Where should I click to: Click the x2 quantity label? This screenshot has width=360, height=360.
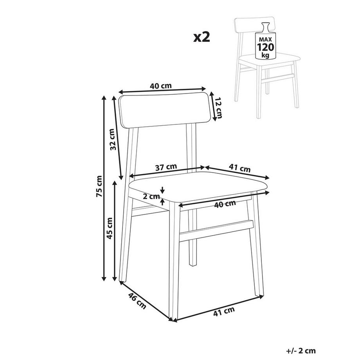[202, 37]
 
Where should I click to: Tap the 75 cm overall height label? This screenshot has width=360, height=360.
[99, 186]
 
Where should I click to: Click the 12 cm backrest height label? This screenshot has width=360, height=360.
[219, 108]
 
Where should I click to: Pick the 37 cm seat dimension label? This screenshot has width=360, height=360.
[166, 167]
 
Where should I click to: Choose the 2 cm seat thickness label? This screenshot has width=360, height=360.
[151, 196]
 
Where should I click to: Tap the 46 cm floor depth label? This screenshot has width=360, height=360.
[137, 301]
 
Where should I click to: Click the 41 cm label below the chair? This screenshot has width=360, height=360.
[224, 311]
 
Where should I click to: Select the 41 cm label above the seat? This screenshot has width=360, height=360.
[239, 168]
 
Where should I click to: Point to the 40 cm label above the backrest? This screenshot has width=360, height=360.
[161, 86]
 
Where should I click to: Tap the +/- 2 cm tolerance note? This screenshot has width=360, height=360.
[301, 351]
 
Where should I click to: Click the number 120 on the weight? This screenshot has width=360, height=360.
[265, 47]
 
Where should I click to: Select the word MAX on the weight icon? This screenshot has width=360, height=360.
[265, 40]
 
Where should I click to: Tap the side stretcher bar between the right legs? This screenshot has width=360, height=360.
[216, 231]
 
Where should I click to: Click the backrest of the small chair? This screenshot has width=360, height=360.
[255, 25]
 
